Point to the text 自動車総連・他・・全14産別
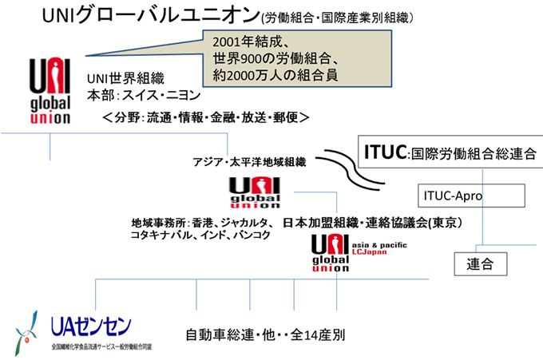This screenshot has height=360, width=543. coord(264,334)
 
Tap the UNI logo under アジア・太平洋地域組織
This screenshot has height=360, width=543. coord(255,192)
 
